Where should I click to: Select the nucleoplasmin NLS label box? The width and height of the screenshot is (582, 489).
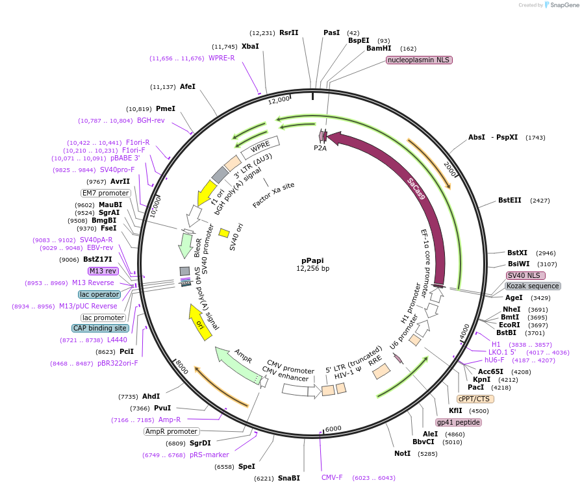click(418, 60)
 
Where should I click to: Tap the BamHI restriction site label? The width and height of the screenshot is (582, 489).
click(379, 49)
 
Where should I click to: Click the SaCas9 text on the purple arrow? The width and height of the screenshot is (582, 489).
click(416, 188)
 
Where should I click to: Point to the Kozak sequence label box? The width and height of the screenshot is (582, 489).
click(533, 286)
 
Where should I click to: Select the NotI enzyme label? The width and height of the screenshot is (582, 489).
click(403, 453)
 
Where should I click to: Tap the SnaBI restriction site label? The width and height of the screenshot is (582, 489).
click(288, 478)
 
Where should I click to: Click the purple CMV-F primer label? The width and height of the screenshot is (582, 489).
click(332, 478)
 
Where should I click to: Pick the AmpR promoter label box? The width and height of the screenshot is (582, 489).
click(171, 431)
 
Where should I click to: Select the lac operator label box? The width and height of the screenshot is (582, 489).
click(100, 294)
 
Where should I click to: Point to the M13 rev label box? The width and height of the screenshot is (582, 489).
click(103, 271)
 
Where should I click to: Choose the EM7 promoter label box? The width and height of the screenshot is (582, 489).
click(105, 193)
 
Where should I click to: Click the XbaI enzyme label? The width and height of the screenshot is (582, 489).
click(250, 46)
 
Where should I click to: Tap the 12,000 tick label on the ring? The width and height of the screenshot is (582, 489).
click(279, 99)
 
